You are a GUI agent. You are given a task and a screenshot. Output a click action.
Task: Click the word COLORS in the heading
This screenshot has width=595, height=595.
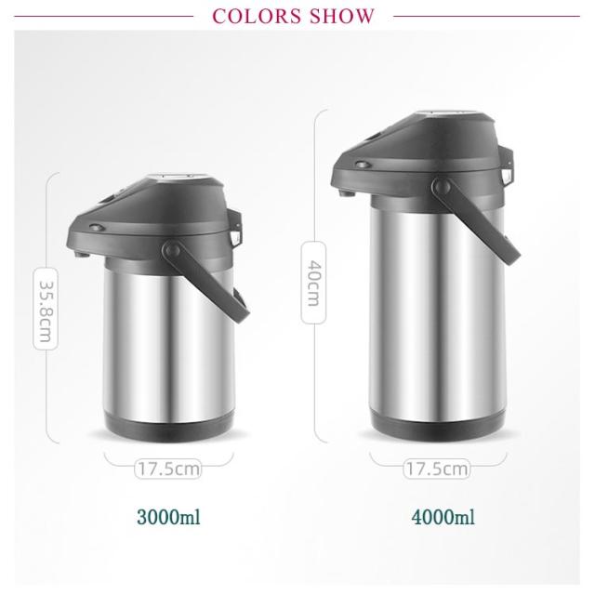coord(258,16)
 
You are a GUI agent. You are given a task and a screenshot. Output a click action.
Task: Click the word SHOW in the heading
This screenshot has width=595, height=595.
coord(341,16)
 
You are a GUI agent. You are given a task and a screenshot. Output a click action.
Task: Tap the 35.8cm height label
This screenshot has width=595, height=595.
coord(46,310)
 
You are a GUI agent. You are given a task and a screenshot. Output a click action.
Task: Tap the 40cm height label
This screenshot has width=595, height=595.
coord(314,283)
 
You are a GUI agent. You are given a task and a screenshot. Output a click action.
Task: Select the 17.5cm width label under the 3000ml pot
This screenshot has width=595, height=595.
coord(167,469)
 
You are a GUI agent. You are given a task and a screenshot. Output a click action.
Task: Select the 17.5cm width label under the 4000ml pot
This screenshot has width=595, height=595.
coord(436,469)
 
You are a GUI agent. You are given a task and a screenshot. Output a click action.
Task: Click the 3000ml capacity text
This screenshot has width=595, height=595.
coord(168,517)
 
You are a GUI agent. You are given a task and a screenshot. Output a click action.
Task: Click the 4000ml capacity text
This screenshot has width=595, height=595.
coord(443,517)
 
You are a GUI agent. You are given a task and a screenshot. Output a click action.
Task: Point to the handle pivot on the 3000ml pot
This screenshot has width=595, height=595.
coord(172,249)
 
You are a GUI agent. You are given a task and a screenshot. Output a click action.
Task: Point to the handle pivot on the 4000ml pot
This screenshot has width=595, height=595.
coord(442,186)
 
